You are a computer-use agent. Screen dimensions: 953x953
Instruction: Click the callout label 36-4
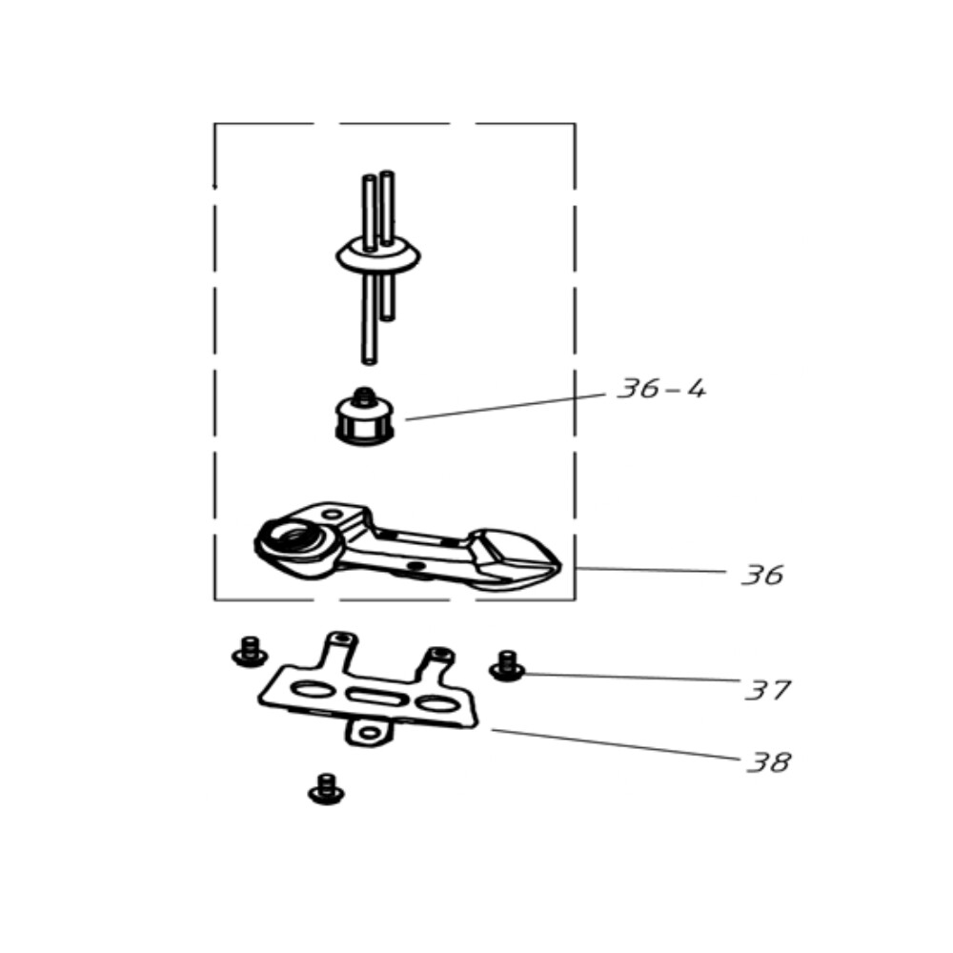[661, 389]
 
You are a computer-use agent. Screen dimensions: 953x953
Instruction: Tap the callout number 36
[762, 575]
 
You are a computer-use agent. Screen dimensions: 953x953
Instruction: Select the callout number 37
[767, 690]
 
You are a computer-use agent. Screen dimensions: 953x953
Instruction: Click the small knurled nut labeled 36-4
[365, 417]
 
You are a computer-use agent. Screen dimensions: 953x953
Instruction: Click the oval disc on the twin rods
[377, 256]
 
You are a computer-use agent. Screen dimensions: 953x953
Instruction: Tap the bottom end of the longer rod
[369, 361]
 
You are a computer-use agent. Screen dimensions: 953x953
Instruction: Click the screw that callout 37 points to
[507, 666]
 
